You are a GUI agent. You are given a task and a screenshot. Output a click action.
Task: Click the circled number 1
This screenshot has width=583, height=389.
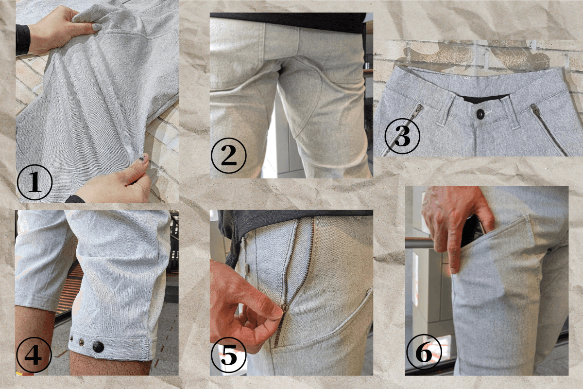34,182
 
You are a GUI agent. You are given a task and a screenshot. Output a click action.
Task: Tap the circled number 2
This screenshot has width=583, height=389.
228,156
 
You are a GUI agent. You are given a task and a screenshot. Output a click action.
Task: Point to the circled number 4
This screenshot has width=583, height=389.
34,354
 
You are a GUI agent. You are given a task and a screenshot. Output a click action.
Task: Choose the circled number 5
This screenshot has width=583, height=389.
229,354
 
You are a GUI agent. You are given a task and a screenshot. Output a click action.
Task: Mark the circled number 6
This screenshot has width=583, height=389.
424,352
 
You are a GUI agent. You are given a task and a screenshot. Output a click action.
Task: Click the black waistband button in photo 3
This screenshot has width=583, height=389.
480,114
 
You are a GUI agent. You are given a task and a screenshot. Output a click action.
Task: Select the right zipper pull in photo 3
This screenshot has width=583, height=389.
535,109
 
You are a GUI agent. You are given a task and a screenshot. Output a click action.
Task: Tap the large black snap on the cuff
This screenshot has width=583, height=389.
98,347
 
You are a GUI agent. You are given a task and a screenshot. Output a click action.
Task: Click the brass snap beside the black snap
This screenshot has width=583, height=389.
82,342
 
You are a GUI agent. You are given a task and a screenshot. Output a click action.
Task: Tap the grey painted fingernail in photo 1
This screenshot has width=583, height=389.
97,27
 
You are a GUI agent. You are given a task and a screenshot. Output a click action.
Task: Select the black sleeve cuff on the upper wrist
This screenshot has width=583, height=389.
23,40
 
